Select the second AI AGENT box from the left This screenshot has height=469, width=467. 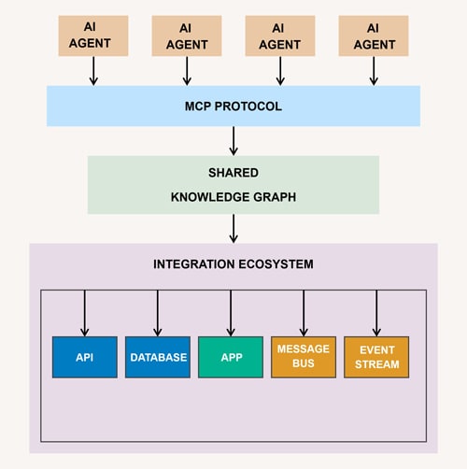click(x=187, y=35)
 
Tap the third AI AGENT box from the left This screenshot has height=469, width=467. click(x=280, y=35)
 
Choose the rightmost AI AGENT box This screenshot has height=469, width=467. click(x=374, y=35)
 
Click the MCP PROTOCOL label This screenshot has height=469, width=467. click(x=233, y=106)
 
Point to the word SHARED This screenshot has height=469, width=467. click(x=233, y=174)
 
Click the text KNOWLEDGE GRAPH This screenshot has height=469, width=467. click(x=233, y=197)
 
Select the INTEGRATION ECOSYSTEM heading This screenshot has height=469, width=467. click(x=233, y=264)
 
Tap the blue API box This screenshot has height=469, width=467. click(x=84, y=357)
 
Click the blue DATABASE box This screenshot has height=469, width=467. click(x=158, y=357)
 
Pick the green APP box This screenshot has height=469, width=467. click(x=231, y=357)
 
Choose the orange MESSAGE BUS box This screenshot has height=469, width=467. click(x=304, y=357)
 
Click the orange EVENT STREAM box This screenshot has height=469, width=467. click(x=376, y=357)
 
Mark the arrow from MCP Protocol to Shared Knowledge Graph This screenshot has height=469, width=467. click(x=233, y=140)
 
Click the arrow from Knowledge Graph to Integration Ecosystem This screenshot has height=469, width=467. click(x=233, y=228)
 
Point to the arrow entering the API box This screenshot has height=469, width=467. click(x=85, y=313)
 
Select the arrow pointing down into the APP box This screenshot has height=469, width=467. click(x=231, y=313)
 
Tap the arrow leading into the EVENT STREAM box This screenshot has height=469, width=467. click(x=376, y=313)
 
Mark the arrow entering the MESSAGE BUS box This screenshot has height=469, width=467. click(x=304, y=313)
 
